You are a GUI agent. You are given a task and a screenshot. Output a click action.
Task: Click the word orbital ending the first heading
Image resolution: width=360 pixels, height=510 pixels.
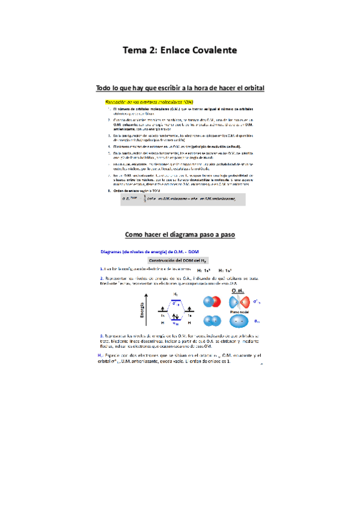251,88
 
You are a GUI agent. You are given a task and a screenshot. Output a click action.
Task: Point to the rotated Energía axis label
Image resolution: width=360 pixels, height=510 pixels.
142,307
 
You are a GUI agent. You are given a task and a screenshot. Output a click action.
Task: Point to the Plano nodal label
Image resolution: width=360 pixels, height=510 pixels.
237,312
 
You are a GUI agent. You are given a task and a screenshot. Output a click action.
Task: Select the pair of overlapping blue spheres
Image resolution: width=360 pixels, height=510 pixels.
211,321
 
